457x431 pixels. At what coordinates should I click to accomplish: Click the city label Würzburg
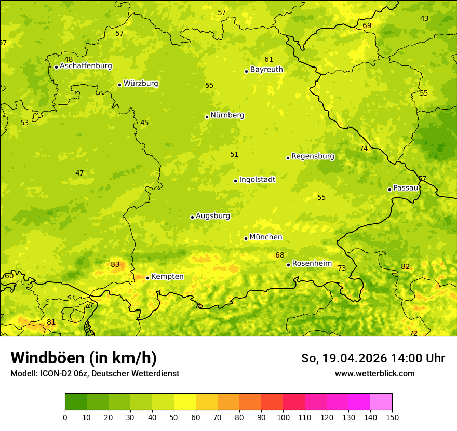point(141,84)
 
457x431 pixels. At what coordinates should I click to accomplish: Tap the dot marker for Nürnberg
point(207,117)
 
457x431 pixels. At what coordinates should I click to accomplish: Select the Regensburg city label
point(313,156)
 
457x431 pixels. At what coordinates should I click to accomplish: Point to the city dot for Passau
point(389,190)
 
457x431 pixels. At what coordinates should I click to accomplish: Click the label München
point(266,237)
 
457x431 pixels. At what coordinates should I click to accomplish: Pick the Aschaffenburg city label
point(86,66)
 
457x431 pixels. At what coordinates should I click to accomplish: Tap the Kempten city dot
point(147,278)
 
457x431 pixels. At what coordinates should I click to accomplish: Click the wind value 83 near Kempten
point(115,265)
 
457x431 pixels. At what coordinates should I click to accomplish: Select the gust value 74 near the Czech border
point(364,149)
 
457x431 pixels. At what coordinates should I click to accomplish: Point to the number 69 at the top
point(367,26)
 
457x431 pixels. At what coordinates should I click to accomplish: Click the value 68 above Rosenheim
point(280,255)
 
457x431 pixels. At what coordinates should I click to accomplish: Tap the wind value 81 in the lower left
point(51,322)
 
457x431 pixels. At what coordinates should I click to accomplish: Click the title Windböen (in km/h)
point(84,358)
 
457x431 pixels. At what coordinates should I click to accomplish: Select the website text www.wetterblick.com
point(374,373)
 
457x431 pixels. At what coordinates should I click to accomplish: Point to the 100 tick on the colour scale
point(283,416)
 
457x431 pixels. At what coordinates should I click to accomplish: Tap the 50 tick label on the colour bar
point(174,416)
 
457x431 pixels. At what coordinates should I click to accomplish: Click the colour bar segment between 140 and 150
point(381,402)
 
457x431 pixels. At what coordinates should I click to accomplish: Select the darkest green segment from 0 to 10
point(76,402)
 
